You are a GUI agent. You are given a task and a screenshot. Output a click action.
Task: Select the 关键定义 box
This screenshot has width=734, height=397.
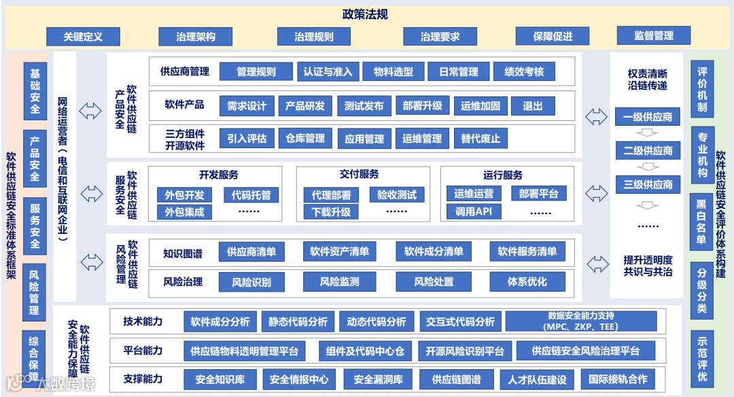tap(83, 36)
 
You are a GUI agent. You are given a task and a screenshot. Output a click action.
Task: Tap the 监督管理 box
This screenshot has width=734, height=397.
tap(653, 35)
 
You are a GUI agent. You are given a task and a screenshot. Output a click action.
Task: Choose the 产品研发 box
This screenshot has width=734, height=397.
tap(305, 105)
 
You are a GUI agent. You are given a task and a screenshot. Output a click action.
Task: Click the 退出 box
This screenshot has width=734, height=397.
tap(533, 105)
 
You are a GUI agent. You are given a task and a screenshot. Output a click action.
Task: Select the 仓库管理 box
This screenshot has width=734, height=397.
tap(305, 139)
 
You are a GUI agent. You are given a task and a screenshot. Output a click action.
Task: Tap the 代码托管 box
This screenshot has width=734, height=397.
tap(251, 195)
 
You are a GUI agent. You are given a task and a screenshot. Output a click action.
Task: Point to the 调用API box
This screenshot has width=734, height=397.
tap(473, 211)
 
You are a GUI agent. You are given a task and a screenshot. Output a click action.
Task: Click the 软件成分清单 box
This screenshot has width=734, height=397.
tap(434, 252)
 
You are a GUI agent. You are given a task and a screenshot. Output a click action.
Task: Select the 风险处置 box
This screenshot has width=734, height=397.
tap(434, 281)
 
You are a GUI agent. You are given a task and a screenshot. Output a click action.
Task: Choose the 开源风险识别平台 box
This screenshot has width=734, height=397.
tap(465, 351)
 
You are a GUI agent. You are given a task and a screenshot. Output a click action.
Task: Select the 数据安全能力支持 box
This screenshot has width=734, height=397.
tap(580, 321)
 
